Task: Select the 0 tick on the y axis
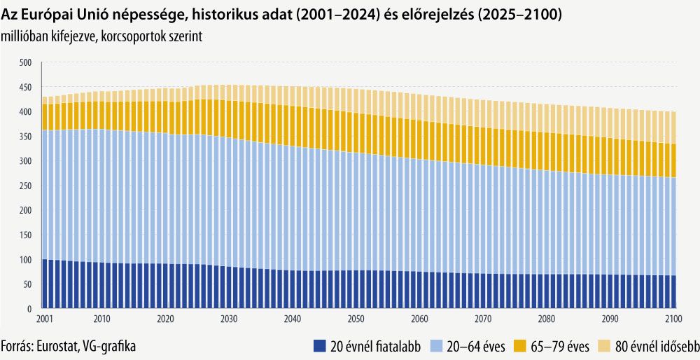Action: pos(29,309)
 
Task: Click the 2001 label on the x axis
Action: pos(43,319)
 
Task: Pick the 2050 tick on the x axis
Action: pos(356,319)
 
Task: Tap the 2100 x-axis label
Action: pos(673,319)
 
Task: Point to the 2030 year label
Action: pos(229,319)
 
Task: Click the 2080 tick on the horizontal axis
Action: pos(547,319)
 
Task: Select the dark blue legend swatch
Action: pos(321,345)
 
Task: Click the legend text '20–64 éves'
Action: pos(475,345)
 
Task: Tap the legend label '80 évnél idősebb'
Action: pos(655,345)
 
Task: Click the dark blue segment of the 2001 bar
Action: pos(45,284)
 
